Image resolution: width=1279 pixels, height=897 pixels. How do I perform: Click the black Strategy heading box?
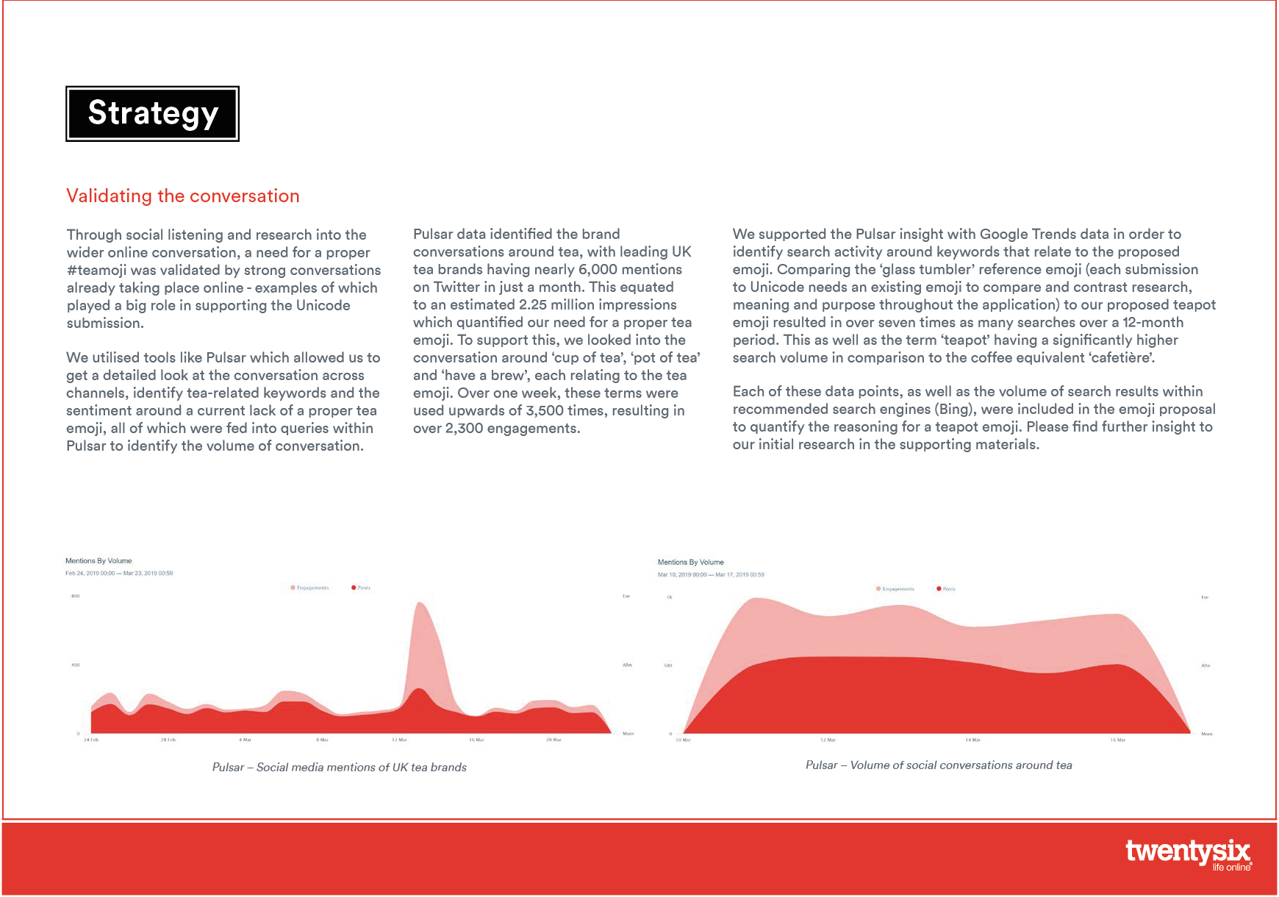click(152, 114)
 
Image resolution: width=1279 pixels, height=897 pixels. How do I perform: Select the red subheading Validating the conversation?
click(183, 196)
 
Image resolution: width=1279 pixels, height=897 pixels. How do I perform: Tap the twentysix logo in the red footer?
click(1187, 854)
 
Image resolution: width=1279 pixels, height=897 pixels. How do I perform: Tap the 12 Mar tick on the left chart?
click(399, 740)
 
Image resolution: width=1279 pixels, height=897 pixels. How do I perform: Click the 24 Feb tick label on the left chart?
click(91, 740)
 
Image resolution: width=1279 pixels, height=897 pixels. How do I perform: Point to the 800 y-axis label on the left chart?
click(75, 596)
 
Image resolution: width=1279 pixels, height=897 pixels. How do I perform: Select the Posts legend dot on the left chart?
click(354, 587)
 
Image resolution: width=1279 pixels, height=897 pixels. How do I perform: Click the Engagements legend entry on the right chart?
click(895, 589)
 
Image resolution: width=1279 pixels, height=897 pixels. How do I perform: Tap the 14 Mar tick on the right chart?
click(972, 740)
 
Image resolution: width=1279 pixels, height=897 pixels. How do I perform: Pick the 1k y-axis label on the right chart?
click(669, 598)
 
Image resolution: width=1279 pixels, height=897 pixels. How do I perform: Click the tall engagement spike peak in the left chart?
click(419, 604)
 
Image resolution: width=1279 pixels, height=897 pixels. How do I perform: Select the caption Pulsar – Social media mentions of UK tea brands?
click(340, 768)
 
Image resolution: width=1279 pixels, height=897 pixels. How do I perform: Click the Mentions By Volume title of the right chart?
click(690, 562)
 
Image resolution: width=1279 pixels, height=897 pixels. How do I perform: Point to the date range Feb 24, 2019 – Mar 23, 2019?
click(119, 573)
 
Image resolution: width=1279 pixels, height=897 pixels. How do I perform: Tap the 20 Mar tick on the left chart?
click(553, 740)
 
